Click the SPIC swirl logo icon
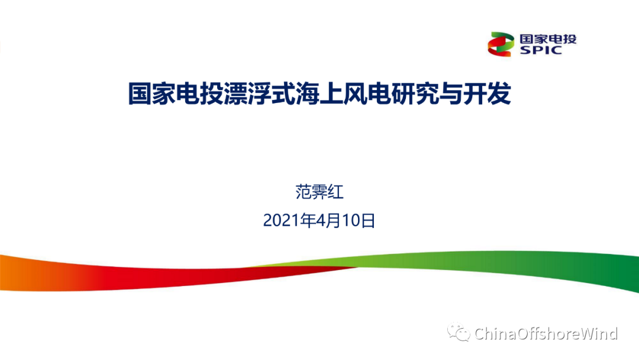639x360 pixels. click(x=501, y=44)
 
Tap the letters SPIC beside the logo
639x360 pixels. click(x=541, y=50)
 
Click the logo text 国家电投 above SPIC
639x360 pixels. click(x=548, y=39)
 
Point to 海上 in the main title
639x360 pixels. click(x=319, y=94)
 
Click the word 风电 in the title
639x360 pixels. click(x=367, y=94)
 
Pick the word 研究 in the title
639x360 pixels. click(x=414, y=94)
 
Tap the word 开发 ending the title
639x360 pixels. click(x=487, y=94)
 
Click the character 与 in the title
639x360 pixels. click(x=451, y=94)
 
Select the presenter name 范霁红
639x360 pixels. click(x=319, y=192)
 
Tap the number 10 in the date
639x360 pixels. click(x=351, y=221)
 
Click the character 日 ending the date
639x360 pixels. click(x=368, y=221)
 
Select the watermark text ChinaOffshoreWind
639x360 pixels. click(x=546, y=333)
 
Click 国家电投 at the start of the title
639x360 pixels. click(x=176, y=94)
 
